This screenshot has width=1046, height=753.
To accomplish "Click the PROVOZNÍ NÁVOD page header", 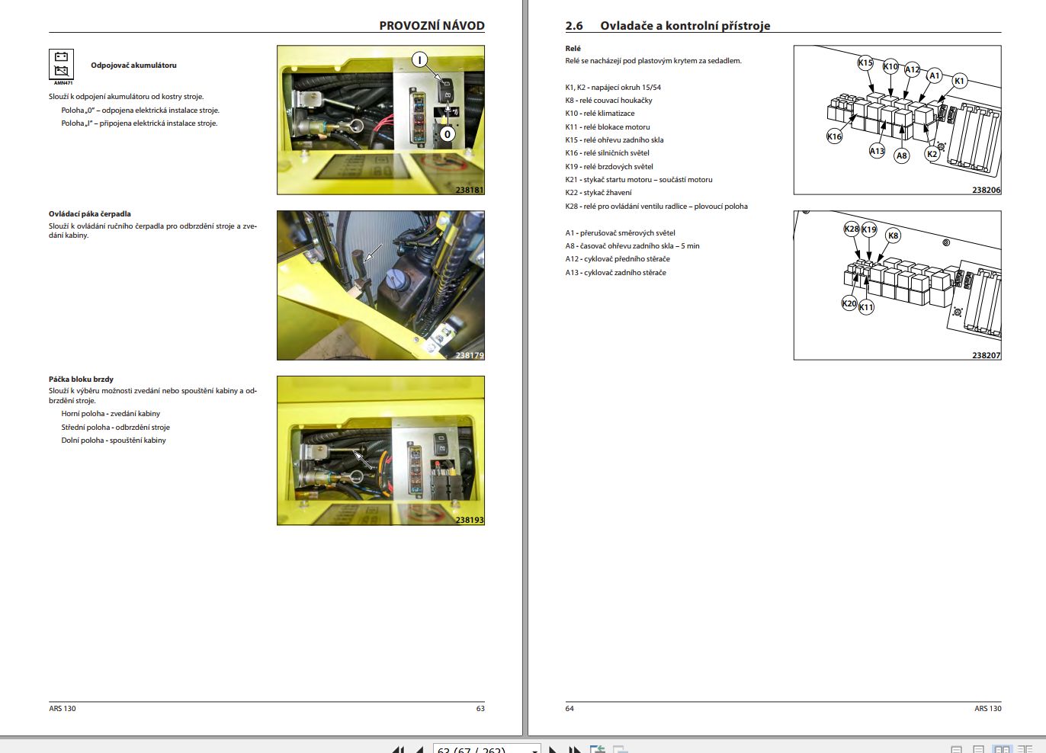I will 432,25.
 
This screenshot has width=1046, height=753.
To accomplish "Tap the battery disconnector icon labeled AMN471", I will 62,66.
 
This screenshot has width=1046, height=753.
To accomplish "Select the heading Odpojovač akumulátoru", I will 133,66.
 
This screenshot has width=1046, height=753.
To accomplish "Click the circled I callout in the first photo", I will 419,60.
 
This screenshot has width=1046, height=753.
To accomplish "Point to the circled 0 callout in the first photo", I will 447,134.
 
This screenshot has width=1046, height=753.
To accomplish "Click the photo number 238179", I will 470,355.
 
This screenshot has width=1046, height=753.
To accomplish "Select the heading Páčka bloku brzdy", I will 81,379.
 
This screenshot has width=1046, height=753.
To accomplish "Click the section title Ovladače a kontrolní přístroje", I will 685,26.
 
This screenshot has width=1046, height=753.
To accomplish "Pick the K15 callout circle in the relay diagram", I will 865,63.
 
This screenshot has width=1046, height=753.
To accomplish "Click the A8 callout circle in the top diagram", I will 902,155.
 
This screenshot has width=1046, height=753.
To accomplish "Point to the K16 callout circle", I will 834,136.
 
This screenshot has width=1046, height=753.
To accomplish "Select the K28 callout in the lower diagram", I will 852,229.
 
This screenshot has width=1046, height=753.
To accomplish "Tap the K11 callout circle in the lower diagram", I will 866,307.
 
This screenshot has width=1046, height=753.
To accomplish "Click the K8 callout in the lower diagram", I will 894,236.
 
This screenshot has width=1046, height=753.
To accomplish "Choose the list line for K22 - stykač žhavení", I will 598,193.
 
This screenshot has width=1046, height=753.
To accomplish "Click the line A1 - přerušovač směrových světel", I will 620,233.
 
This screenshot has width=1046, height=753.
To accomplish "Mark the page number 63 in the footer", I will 480,709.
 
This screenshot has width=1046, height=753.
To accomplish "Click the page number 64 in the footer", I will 570,709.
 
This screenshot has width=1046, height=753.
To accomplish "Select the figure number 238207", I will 986,355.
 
